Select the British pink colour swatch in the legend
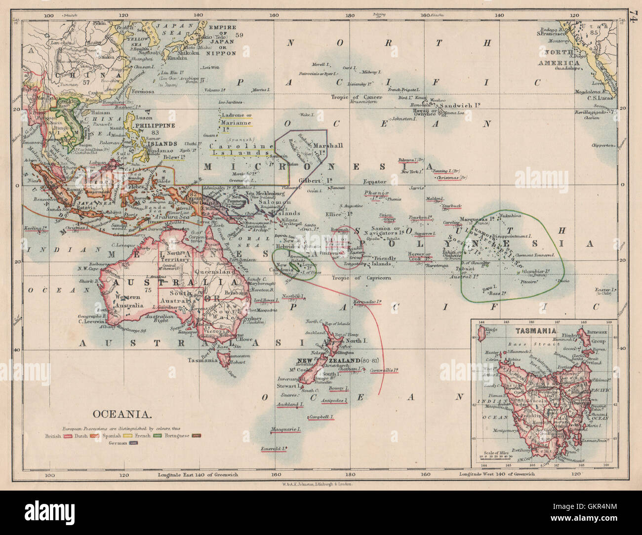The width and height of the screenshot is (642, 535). pos(68,436)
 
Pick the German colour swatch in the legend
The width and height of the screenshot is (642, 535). pos(133,443)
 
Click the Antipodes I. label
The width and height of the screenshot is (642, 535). pos(334,400)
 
